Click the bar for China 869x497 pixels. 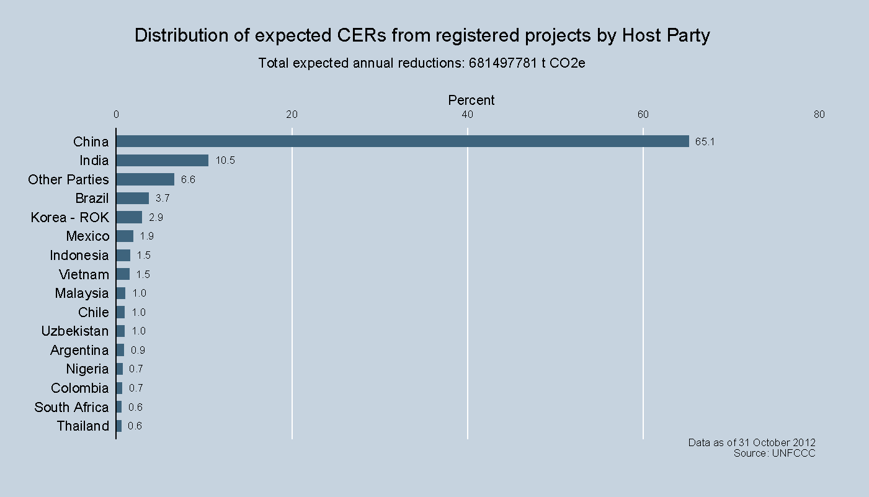pyautogui.click(x=403, y=141)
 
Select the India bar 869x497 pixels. pyautogui.click(x=163, y=161)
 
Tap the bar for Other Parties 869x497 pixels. pyautogui.click(x=145, y=179)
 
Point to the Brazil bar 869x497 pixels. pyautogui.click(x=133, y=199)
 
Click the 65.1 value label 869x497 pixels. pyautogui.click(x=705, y=142)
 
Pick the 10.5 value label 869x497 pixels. pyautogui.click(x=225, y=161)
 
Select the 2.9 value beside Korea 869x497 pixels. pyautogui.click(x=156, y=218)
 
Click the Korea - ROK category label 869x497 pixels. pyautogui.click(x=69, y=218)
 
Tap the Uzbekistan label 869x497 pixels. pyautogui.click(x=74, y=331)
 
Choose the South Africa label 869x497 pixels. pyautogui.click(x=71, y=408)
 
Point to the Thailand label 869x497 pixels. pyautogui.click(x=82, y=426)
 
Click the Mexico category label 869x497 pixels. pyautogui.click(x=87, y=236)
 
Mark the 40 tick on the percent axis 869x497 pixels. pyautogui.click(x=468, y=114)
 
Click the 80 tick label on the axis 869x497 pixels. pyautogui.click(x=819, y=114)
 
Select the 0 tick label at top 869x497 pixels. pyautogui.click(x=116, y=114)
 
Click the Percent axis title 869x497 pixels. pyautogui.click(x=471, y=100)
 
